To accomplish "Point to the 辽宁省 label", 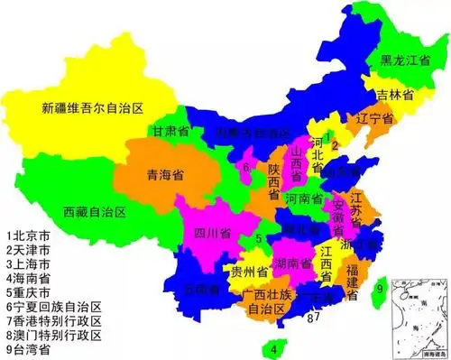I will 373,119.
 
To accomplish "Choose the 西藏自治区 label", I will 94,213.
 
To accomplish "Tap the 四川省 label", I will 212,232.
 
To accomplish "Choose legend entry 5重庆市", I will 31,291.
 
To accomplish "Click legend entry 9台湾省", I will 31,348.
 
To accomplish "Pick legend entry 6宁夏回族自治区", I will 52,305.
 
